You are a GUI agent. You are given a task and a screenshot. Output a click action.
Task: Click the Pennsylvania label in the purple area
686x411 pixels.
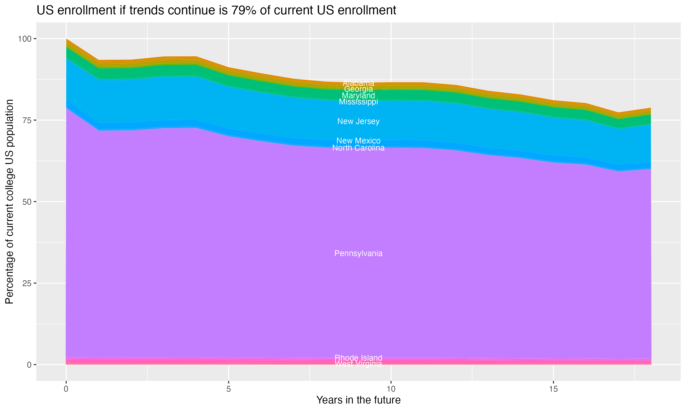pos(358,253)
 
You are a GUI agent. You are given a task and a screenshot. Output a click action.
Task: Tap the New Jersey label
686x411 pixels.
pos(358,121)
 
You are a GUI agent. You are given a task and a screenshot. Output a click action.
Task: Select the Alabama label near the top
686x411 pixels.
pos(358,83)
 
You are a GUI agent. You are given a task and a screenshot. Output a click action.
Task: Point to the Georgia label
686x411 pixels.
pos(358,89)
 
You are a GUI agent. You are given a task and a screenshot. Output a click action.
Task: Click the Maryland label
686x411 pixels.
pos(358,95)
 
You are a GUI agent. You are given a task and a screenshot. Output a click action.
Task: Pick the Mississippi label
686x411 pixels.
pos(358,102)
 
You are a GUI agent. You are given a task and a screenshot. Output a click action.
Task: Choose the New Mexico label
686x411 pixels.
pos(358,141)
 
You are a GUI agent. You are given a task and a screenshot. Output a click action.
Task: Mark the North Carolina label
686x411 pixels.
pos(358,148)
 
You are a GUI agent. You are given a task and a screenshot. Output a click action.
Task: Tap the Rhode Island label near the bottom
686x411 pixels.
pos(358,358)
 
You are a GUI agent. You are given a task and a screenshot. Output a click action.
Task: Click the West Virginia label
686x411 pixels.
pos(358,364)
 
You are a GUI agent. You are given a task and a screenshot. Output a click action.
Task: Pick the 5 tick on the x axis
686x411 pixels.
pos(228,389)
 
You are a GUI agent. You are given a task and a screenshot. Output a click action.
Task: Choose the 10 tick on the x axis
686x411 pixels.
pos(391,389)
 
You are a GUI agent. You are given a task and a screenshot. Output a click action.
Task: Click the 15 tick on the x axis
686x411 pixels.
pos(553,389)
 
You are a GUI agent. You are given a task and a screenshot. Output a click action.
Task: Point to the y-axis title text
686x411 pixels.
pos(9,202)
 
